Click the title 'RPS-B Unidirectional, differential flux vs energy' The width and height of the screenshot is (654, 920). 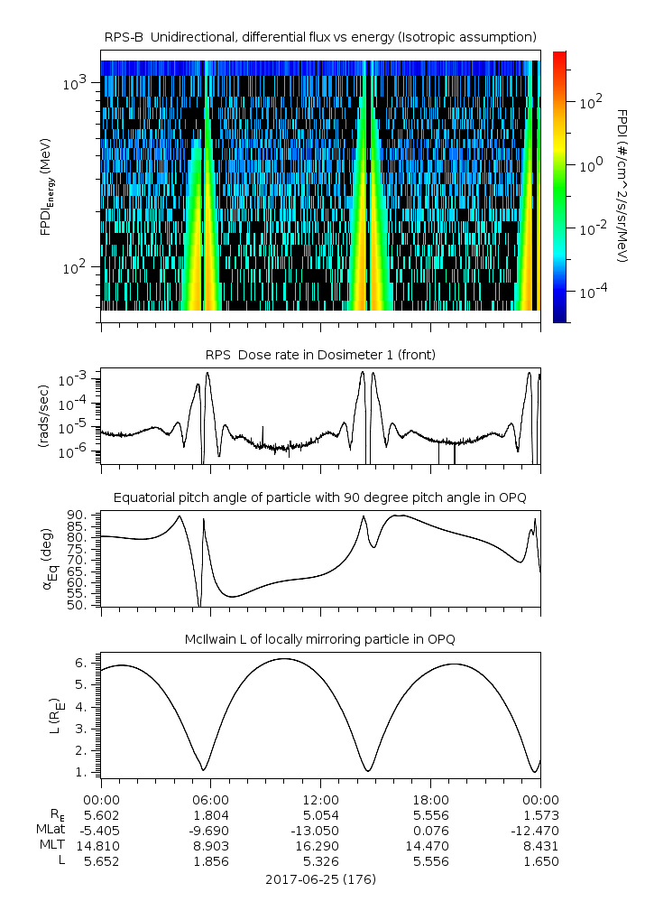(320, 36)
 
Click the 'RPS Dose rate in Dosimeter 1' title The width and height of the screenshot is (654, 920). (320, 355)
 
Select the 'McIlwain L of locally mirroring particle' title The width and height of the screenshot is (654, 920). (320, 639)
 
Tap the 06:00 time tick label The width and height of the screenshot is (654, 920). (210, 799)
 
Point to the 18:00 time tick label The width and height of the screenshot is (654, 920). (430, 799)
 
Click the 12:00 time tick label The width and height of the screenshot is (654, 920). (320, 799)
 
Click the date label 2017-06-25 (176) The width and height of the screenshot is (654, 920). (320, 878)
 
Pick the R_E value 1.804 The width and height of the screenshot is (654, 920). (210, 815)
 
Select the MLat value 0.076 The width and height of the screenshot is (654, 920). (430, 831)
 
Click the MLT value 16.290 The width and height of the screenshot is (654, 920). (320, 846)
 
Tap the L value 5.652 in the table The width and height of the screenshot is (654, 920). (101, 861)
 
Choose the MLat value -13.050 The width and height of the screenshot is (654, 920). (320, 831)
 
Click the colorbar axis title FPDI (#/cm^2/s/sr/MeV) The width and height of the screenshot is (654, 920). (622, 186)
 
